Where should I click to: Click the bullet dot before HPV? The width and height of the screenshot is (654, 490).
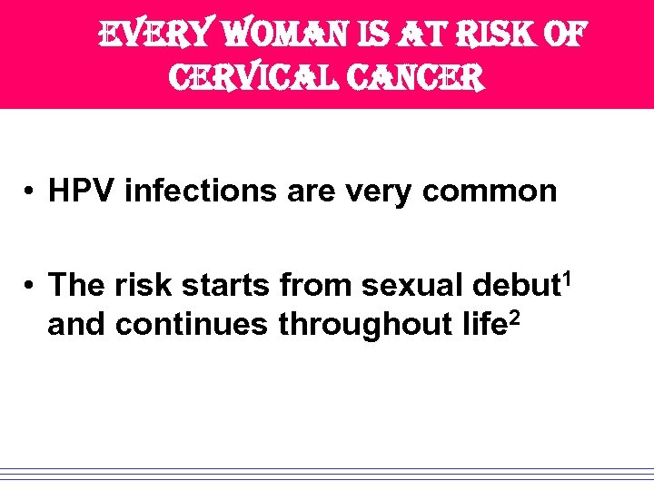[30, 191]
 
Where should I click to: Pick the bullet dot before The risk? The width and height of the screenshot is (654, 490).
[30, 285]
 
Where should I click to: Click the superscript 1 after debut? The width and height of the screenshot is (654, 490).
[570, 274]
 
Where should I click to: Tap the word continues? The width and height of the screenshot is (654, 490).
[194, 324]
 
